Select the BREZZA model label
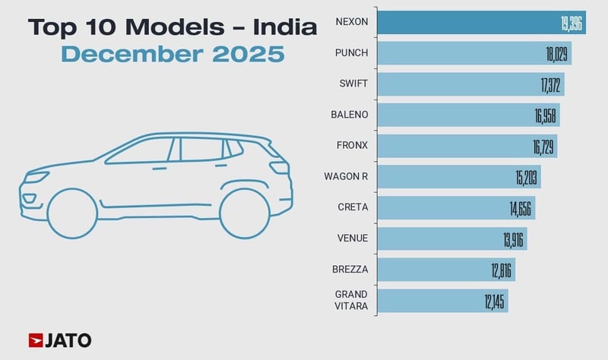pyautogui.click(x=351, y=270)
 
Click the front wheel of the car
pyautogui.click(x=72, y=215)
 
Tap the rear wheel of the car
pyautogui.click(x=245, y=214)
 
